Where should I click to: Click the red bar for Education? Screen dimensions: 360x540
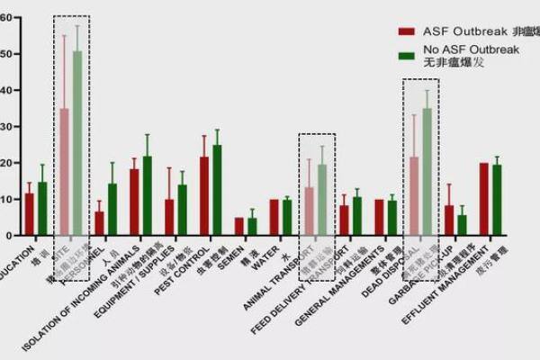pyautogui.click(x=29, y=214)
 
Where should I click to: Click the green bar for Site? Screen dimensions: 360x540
pyautogui.click(x=77, y=144)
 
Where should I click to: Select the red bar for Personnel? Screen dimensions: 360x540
pyautogui.click(x=99, y=223)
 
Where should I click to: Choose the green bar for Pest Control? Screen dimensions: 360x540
pyautogui.click(x=217, y=190)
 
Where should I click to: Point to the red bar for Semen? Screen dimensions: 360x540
pyautogui.click(x=239, y=226)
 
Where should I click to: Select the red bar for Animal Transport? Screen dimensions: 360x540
pyautogui.click(x=310, y=211)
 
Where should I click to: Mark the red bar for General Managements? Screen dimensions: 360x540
pyautogui.click(x=379, y=217)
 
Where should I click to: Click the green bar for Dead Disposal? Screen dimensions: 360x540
pyautogui.click(x=427, y=172)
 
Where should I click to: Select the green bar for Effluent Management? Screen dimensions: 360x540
pyautogui.click(x=497, y=200)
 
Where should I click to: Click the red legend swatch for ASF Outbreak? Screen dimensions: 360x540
pyautogui.click(x=406, y=31)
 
